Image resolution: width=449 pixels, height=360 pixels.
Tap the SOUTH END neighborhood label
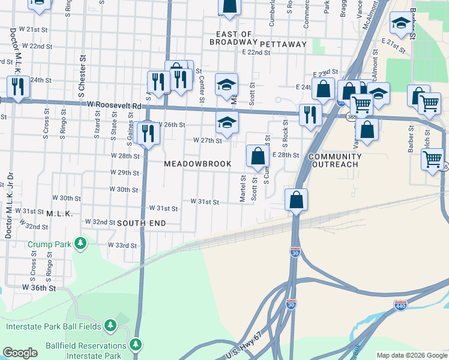(x=141, y=223)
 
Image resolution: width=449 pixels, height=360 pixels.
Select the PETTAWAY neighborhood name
(x=283, y=44)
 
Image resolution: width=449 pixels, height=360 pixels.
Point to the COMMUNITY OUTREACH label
(x=335, y=161)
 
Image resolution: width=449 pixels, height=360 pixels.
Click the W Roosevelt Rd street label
(x=114, y=105)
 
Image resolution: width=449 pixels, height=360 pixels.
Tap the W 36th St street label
(x=39, y=288)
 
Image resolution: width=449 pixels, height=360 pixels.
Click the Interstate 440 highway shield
(x=401, y=305)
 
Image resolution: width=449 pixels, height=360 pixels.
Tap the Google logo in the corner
(x=20, y=353)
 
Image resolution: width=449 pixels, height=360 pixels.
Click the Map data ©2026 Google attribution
(x=411, y=355)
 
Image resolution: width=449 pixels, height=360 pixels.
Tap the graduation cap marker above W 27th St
(x=226, y=122)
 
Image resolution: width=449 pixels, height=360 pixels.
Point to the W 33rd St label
(x=122, y=245)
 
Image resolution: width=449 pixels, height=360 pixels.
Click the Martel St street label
(x=243, y=188)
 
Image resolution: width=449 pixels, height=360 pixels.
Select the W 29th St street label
(x=124, y=173)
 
